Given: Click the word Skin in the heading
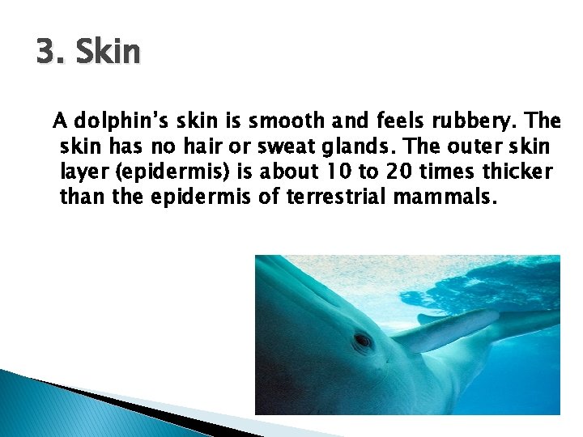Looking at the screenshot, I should (x=106, y=53).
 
